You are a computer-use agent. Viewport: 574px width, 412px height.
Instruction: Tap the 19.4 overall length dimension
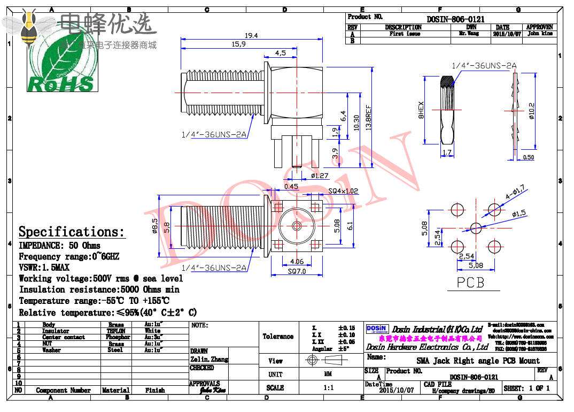[x=251, y=35]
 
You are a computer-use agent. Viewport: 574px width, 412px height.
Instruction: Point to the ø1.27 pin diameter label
[x=320, y=176]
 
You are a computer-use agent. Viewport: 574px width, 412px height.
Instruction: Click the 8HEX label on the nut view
[x=421, y=109]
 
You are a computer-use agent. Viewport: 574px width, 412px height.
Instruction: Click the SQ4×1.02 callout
[x=344, y=190]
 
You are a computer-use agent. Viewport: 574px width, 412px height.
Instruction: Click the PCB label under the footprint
[x=470, y=282]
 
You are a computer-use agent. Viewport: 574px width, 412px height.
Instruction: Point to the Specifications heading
[x=72, y=232]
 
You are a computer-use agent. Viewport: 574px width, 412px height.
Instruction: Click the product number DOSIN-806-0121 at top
[x=455, y=19]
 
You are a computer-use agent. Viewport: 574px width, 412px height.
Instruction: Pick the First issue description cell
[x=405, y=34]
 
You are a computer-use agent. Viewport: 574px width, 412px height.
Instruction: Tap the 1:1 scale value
[x=328, y=388]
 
